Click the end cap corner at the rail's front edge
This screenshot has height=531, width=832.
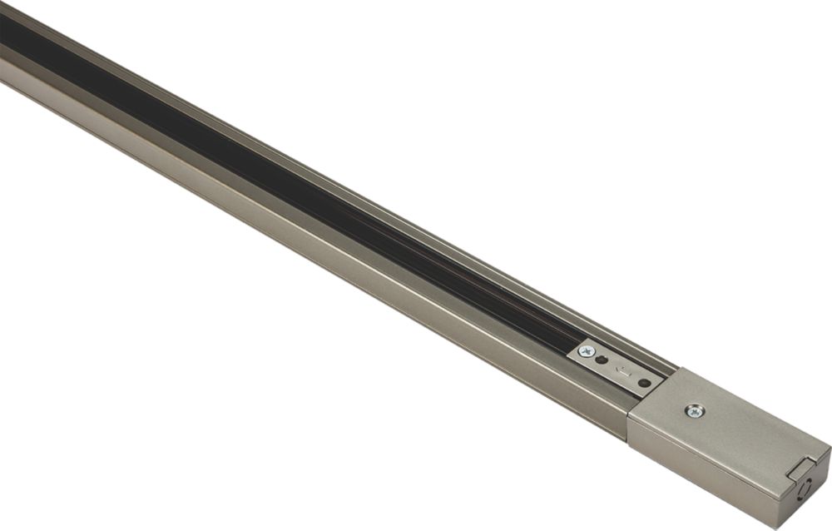[x=629, y=412]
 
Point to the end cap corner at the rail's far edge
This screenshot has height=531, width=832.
[x=679, y=371]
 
